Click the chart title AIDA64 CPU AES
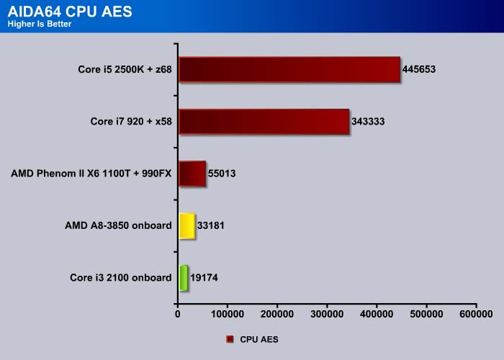tap(70, 12)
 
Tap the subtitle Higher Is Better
tap(40, 24)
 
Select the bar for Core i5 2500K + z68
tap(289, 69)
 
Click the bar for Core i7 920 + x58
tap(264, 122)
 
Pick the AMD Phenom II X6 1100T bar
tap(192, 174)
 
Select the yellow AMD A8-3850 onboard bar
tap(186, 225)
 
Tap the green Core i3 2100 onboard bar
tap(183, 278)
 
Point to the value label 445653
tap(419, 69)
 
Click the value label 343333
tap(368, 122)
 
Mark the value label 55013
tap(222, 174)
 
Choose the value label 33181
tap(210, 225)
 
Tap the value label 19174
tap(204, 278)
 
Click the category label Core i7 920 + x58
tap(131, 122)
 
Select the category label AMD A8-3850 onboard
tap(118, 225)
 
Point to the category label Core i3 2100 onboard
tap(121, 278)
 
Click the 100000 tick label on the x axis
tap(228, 314)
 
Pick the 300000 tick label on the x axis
tap(327, 314)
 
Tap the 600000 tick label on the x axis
tap(476, 314)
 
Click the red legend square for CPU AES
tap(230, 339)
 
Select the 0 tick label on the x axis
tap(178, 314)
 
